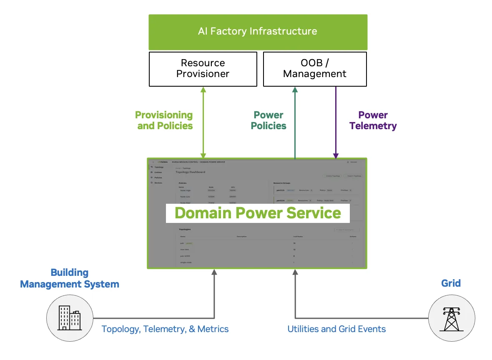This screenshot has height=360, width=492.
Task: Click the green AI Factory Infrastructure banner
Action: (258, 32)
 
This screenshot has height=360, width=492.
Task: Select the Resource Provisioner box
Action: (203, 69)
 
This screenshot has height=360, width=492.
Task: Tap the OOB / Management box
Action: (315, 69)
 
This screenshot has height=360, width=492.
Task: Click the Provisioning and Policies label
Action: (164, 120)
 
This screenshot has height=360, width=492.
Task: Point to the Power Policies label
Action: (269, 120)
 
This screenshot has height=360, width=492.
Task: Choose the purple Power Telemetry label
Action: (373, 120)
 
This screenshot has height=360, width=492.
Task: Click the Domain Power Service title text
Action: (258, 213)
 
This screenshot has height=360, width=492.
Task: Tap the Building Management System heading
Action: (70, 278)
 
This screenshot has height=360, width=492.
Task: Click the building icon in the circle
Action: (70, 317)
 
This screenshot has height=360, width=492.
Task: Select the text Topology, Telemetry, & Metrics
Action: (165, 329)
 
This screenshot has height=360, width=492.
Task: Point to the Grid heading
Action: (451, 283)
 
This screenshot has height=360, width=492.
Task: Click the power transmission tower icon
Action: (451, 317)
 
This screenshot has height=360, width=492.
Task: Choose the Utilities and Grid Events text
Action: (336, 329)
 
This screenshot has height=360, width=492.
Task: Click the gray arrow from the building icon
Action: (214, 300)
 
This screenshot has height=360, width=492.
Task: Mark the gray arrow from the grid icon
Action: (295, 300)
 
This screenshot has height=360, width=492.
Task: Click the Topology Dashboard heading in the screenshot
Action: (190, 172)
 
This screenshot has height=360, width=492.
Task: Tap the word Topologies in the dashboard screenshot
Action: (185, 229)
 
